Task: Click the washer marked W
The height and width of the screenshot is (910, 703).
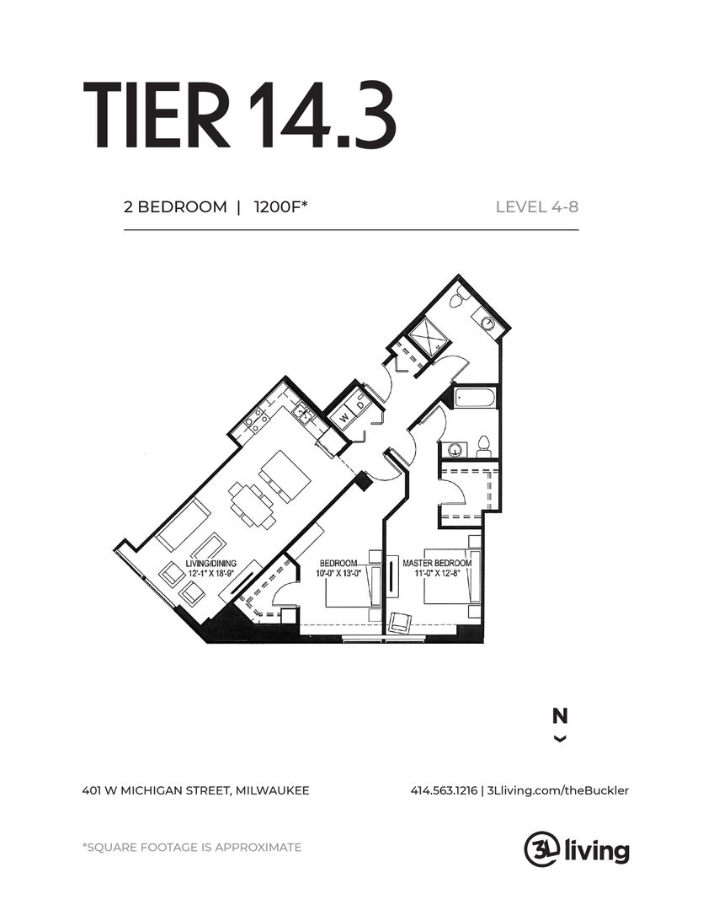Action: tap(344, 417)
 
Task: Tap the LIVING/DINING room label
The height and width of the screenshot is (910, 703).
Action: tap(211, 563)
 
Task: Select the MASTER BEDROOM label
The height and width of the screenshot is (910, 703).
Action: tap(437, 563)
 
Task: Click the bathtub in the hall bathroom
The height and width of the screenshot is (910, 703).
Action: tap(475, 398)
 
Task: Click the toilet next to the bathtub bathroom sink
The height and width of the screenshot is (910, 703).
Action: tap(484, 447)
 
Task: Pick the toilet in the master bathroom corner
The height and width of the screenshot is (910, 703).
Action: tap(461, 296)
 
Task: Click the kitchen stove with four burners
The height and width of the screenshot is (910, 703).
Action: tap(256, 418)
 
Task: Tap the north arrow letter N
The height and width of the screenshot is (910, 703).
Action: tap(560, 716)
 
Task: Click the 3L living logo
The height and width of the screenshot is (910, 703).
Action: tap(577, 850)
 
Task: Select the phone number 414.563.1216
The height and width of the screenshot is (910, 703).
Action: tap(444, 790)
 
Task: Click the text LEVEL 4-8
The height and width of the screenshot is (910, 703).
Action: tap(537, 206)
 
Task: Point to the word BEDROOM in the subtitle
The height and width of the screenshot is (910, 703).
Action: tap(182, 206)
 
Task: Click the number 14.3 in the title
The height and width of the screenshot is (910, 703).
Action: tap(322, 115)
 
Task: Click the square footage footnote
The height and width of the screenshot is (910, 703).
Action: tap(192, 848)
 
